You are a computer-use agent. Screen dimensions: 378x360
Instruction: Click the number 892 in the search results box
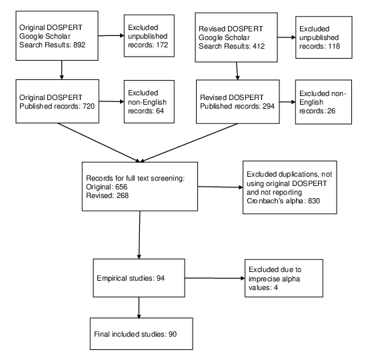[x=79, y=45]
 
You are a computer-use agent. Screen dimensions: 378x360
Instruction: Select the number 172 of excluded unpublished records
[x=162, y=45]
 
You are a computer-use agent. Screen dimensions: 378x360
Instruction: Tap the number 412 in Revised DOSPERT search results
[x=259, y=46]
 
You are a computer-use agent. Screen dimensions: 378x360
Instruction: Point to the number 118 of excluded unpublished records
[x=334, y=46]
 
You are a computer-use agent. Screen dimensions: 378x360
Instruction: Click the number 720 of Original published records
[x=89, y=106]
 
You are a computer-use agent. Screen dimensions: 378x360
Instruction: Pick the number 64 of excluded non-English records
[x=160, y=111]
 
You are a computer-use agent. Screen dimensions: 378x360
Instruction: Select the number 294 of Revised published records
[x=268, y=106]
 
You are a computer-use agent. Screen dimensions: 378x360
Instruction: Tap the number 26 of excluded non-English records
[x=331, y=111]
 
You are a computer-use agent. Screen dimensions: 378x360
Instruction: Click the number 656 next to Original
[x=121, y=187]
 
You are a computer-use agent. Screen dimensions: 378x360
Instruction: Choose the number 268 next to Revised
[x=123, y=195]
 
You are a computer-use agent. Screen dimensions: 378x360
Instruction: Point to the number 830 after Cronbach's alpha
[x=314, y=201]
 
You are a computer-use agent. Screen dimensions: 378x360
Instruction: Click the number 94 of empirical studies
[x=161, y=278]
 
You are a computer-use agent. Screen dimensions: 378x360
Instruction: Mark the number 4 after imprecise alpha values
[x=276, y=287]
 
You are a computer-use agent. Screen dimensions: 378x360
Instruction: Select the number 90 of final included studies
[x=173, y=334]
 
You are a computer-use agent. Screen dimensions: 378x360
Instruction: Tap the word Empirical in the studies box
[x=112, y=278]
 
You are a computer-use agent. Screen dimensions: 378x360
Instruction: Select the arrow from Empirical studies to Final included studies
[x=139, y=307]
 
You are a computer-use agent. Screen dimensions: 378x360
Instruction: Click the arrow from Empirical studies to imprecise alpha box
[x=215, y=278]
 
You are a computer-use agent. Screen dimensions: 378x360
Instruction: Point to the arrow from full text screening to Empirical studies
[x=139, y=235]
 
